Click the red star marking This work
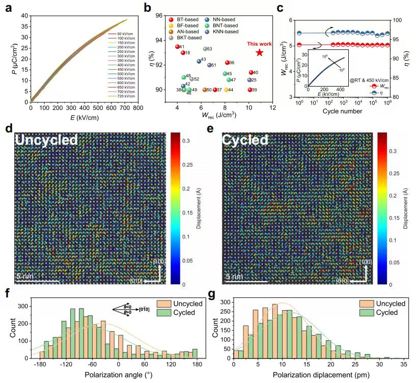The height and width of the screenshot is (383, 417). [260, 52]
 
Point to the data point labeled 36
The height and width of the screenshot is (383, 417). [227, 63]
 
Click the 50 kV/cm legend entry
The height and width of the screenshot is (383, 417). [118, 33]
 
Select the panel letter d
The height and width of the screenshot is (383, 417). [8, 128]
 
